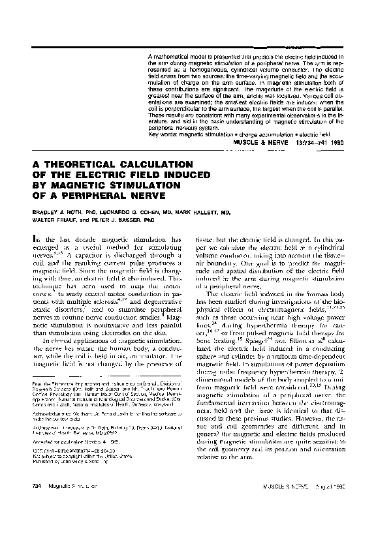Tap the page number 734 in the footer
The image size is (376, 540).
click(27, 505)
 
